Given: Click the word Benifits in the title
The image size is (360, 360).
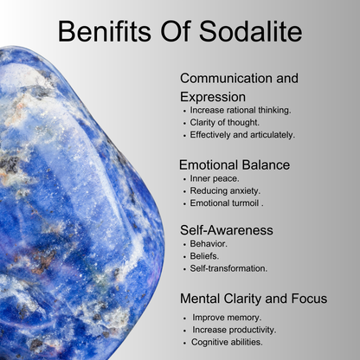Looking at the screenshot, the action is click(105, 31).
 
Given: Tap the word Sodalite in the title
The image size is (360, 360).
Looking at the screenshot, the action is click(250, 31).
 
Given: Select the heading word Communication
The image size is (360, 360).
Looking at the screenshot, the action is click(226, 79).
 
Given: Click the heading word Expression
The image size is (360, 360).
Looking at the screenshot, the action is click(213, 98).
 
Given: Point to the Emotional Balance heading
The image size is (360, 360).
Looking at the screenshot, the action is click(235, 165).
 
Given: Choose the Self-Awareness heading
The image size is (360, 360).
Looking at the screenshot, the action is click(227, 230).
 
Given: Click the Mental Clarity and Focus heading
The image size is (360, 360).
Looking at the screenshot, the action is click(254, 299).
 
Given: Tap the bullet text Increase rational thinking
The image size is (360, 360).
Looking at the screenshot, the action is click(241, 110).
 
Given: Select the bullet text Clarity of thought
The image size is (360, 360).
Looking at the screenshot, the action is click(224, 123).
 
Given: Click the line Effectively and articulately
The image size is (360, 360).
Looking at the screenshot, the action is click(242, 135).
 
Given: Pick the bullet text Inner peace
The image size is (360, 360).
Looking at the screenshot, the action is click(215, 179).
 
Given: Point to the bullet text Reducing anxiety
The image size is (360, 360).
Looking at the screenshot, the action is click(225, 191).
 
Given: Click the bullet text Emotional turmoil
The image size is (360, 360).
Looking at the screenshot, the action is click(227, 203).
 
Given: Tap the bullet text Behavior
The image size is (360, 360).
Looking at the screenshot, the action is click(209, 244).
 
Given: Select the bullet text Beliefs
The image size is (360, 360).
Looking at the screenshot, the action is click(204, 256).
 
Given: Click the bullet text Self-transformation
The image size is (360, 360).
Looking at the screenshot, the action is click(228, 268).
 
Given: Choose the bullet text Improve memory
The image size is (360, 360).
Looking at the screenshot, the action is click(227, 318).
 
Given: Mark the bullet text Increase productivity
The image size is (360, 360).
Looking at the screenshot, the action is click(235, 330).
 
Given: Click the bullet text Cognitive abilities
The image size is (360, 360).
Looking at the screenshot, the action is click(227, 342).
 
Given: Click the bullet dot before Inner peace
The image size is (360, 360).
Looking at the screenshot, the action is click(184, 179).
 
